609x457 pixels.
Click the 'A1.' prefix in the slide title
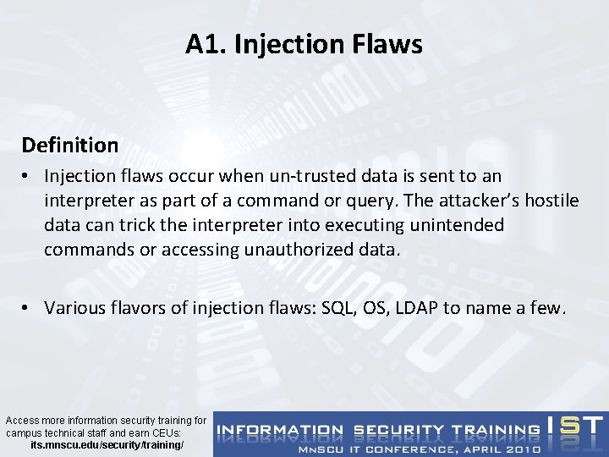tap(204, 45)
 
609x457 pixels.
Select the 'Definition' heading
tap(70, 145)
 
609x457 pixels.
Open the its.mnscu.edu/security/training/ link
tap(107, 443)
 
